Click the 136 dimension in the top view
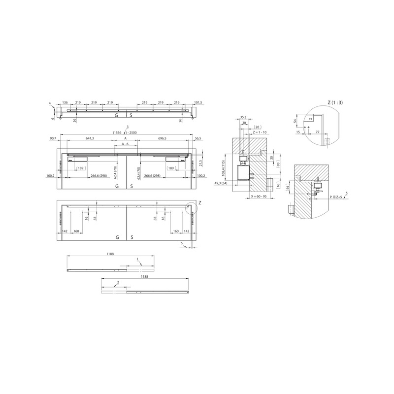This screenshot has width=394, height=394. pyautogui.click(x=65, y=103)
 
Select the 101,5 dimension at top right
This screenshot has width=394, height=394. pyautogui.click(x=198, y=103)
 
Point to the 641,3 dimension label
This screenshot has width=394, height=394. pyautogui.click(x=89, y=139)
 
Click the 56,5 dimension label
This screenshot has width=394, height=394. pyautogui.click(x=198, y=139)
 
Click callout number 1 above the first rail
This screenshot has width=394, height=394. pyautogui.click(x=138, y=258)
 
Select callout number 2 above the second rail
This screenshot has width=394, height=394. pyautogui.click(x=118, y=282)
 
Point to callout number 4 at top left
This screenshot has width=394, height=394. pyautogui.click(x=50, y=103)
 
